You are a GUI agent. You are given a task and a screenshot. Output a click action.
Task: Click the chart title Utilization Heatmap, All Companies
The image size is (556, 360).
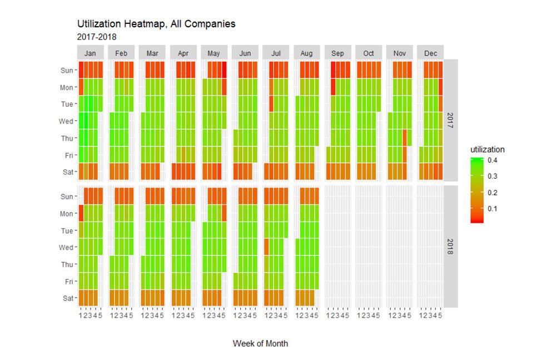point(156,24)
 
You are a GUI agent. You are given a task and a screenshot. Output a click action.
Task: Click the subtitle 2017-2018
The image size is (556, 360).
point(97,37)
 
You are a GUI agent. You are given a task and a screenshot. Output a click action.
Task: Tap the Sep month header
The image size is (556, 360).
point(337,53)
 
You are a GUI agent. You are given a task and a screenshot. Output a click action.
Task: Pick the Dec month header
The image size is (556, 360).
point(430,53)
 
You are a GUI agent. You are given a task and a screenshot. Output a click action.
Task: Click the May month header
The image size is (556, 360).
point(214,53)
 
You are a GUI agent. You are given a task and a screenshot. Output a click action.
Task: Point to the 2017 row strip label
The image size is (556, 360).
point(450,120)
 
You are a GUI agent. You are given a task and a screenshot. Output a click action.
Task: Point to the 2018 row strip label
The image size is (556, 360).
point(450,246)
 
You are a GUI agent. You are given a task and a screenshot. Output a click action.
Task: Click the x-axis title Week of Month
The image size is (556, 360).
point(260,343)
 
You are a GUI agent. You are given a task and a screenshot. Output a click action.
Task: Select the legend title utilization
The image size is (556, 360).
point(487,150)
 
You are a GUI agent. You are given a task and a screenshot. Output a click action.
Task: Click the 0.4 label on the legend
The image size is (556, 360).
point(492,160)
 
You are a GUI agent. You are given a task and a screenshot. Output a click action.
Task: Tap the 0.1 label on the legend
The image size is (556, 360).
point(492,209)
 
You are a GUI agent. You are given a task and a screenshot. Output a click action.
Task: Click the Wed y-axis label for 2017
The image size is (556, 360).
point(67,121)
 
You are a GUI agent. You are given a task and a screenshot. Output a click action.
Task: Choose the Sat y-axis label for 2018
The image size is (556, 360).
point(68,298)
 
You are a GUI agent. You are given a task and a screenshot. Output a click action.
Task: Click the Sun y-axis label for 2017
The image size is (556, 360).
point(67,70)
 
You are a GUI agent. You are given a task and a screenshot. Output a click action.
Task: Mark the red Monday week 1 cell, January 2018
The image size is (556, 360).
point(81,213)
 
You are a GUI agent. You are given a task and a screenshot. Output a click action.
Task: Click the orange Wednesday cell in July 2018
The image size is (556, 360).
point(266,246)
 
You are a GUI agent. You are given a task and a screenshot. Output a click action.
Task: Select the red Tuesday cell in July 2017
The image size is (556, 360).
point(271,103)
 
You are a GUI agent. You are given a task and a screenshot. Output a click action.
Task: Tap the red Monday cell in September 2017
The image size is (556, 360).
point(333,87)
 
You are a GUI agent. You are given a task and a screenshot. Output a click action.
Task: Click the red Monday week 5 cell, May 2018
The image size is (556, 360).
point(224,213)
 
